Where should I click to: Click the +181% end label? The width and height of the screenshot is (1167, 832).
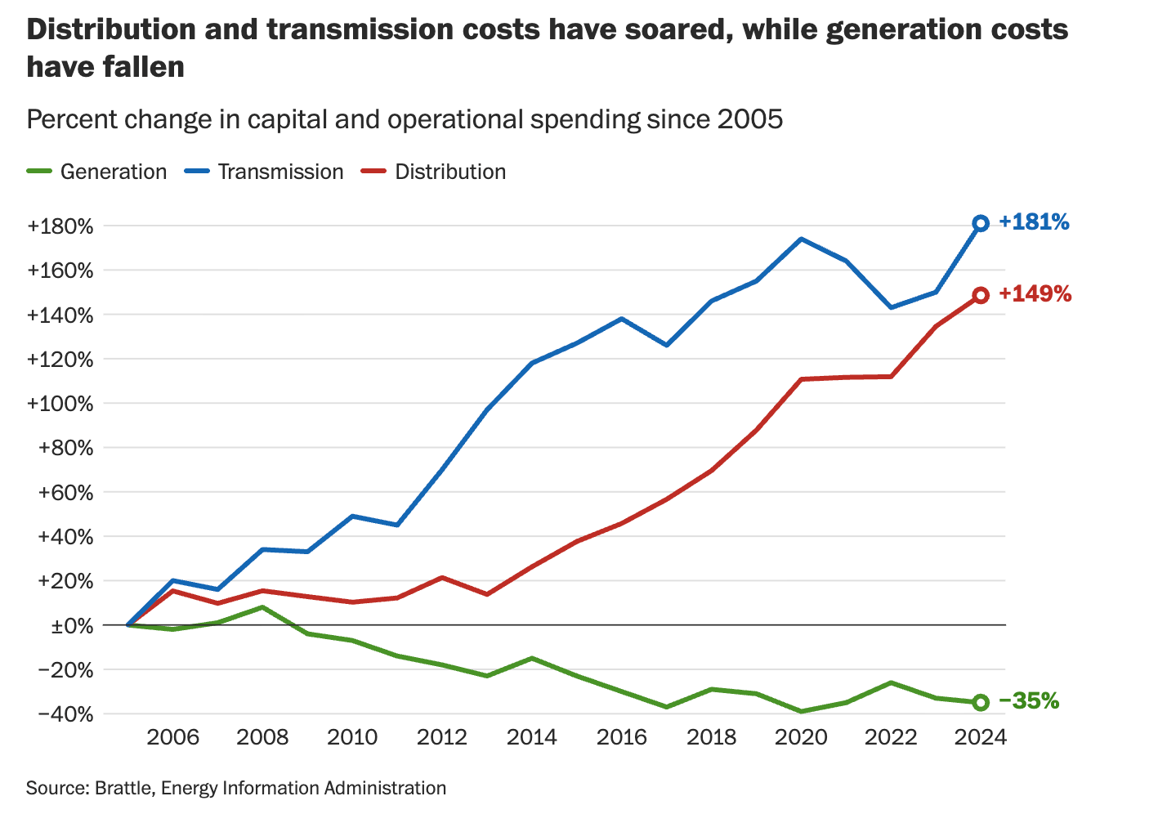pos(1034,222)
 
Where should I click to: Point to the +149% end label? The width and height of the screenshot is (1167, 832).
pos(1035,294)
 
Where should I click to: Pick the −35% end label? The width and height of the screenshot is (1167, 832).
pos(1029,701)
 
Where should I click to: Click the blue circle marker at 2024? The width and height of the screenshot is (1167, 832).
pos(981,223)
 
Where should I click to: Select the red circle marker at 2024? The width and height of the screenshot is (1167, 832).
pos(981,295)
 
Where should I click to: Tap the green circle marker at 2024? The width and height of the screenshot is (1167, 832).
pos(981,702)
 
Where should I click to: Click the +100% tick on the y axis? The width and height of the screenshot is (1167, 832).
pos(60,404)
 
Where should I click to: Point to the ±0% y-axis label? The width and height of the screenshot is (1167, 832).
pos(72,626)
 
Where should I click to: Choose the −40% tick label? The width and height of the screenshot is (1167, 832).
pos(65,714)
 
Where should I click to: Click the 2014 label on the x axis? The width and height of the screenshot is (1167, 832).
pos(532,737)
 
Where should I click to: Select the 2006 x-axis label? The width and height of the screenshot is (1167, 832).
pos(172,737)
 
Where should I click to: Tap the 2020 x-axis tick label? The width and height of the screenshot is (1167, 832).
pos(801,737)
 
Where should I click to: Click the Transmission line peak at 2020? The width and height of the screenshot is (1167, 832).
pos(801,239)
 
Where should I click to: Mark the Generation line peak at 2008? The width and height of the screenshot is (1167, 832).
pos(262,607)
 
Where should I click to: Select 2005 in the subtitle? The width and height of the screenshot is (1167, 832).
pos(749,120)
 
